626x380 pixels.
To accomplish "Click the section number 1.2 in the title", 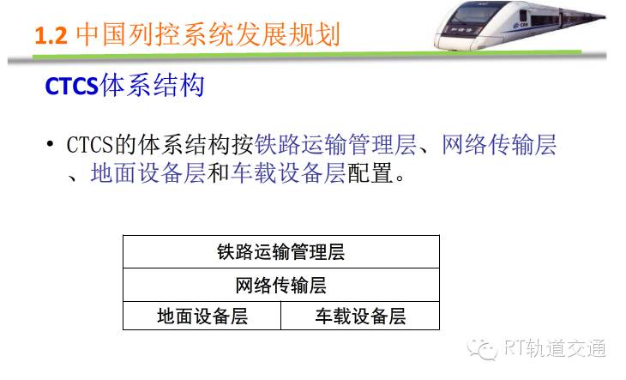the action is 51,35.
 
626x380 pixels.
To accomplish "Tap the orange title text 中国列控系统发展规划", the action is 208,34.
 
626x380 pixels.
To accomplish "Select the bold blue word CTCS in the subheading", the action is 71,86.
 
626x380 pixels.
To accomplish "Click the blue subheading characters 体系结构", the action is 152,85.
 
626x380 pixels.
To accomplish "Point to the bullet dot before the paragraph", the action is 50,144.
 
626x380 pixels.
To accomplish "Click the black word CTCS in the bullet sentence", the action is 90,144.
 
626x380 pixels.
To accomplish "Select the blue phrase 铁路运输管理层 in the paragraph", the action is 335,144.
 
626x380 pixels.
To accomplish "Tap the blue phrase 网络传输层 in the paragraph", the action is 499,144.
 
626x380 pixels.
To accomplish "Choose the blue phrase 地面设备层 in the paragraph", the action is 148,172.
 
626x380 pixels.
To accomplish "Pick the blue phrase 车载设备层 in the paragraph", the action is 288,172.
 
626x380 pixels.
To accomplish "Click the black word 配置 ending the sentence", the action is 370,172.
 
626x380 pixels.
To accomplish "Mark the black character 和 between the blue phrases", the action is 218,172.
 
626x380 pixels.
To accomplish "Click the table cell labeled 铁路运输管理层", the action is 281,252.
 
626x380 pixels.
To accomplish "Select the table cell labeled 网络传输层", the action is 281,285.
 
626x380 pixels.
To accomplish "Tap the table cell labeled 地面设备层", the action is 202,316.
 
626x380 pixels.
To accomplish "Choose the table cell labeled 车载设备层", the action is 360,316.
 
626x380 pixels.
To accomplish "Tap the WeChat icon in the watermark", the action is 482,350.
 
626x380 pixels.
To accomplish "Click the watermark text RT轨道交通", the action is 555,348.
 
